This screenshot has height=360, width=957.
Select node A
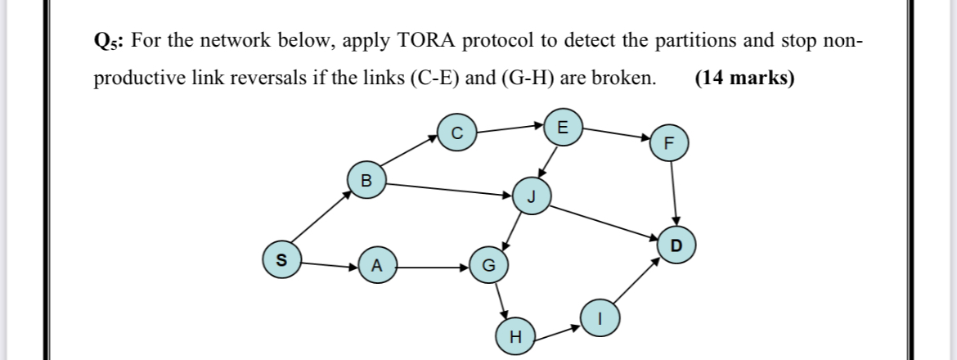click(x=375, y=265)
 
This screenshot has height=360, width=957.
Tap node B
click(x=366, y=180)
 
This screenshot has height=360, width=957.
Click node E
click(x=560, y=128)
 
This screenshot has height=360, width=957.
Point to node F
click(x=670, y=142)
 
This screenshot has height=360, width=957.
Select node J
click(x=531, y=197)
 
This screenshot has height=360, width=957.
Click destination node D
click(x=675, y=245)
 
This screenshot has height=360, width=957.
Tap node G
click(x=488, y=266)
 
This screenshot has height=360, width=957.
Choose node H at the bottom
click(x=514, y=336)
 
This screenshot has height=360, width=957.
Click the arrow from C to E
click(x=509, y=128)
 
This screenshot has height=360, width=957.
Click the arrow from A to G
click(x=431, y=266)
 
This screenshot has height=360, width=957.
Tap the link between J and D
click(x=603, y=220)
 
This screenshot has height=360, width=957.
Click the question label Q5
click(x=108, y=41)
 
